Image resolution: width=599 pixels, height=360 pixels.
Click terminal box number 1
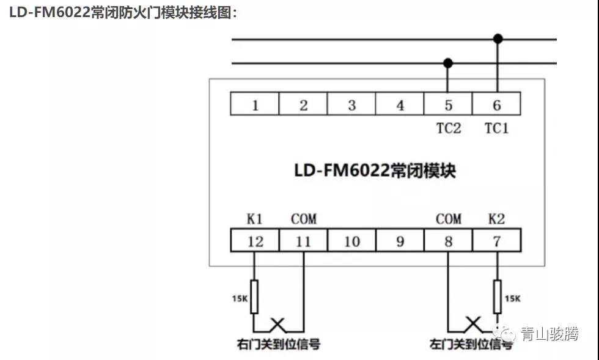click(x=255, y=105)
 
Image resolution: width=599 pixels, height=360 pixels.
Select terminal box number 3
click(x=351, y=105)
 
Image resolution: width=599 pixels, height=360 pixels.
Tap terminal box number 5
click(x=448, y=105)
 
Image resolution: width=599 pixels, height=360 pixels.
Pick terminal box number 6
click(x=496, y=105)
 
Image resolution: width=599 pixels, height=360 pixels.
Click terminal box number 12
click(x=255, y=241)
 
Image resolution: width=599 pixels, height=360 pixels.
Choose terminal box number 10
click(x=351, y=241)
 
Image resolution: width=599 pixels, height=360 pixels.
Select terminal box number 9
click(x=400, y=241)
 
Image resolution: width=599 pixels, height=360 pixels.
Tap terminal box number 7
click(x=496, y=241)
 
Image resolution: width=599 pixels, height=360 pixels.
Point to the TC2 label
click(x=448, y=129)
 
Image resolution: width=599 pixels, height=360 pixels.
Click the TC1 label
click(x=496, y=129)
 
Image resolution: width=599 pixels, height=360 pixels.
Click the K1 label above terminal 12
click(x=255, y=219)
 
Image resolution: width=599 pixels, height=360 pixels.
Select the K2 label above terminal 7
click(x=496, y=219)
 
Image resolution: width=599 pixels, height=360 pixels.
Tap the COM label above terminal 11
click(x=303, y=219)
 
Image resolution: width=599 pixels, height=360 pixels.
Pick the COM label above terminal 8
click(x=448, y=219)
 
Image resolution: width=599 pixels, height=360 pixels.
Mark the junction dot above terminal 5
click(x=448, y=63)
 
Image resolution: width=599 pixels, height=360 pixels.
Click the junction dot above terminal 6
click(x=498, y=39)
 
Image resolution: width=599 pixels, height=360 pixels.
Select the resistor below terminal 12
click(x=255, y=296)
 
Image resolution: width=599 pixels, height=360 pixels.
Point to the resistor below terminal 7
click(x=497, y=297)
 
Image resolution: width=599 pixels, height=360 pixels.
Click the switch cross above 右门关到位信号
click(x=279, y=323)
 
